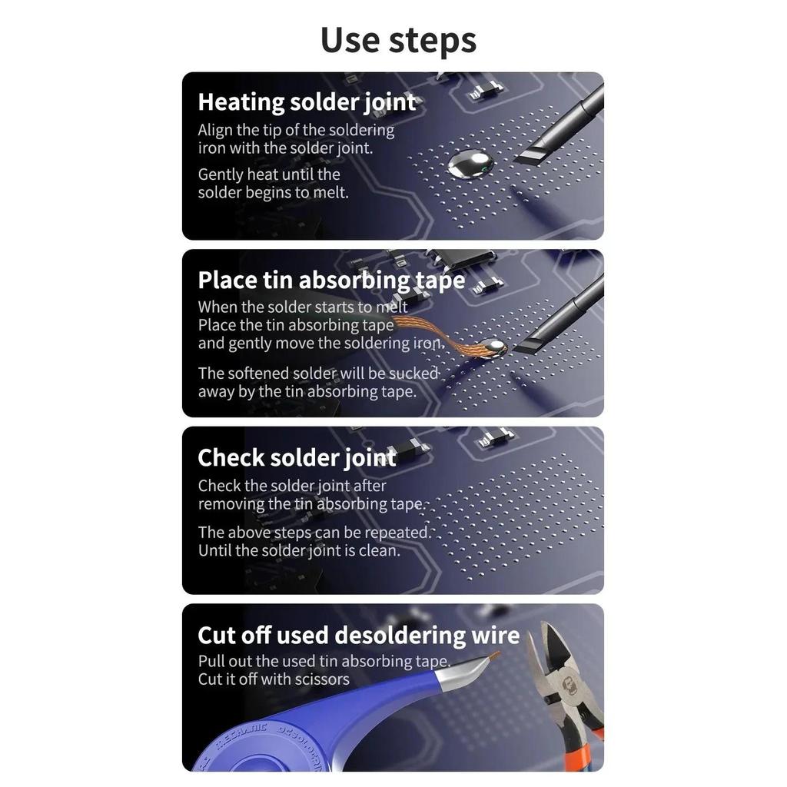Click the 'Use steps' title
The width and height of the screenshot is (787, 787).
399,40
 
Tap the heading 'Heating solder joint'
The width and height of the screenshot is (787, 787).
307,102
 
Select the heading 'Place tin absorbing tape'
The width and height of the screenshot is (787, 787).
331,280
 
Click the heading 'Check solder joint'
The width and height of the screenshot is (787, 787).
297,458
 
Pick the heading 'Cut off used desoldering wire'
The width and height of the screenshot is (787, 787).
358,635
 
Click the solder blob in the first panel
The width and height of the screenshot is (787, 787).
470,164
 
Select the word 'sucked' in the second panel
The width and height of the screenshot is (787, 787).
413,374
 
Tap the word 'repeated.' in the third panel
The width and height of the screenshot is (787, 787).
404,533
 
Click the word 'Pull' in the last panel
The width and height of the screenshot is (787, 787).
211,661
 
